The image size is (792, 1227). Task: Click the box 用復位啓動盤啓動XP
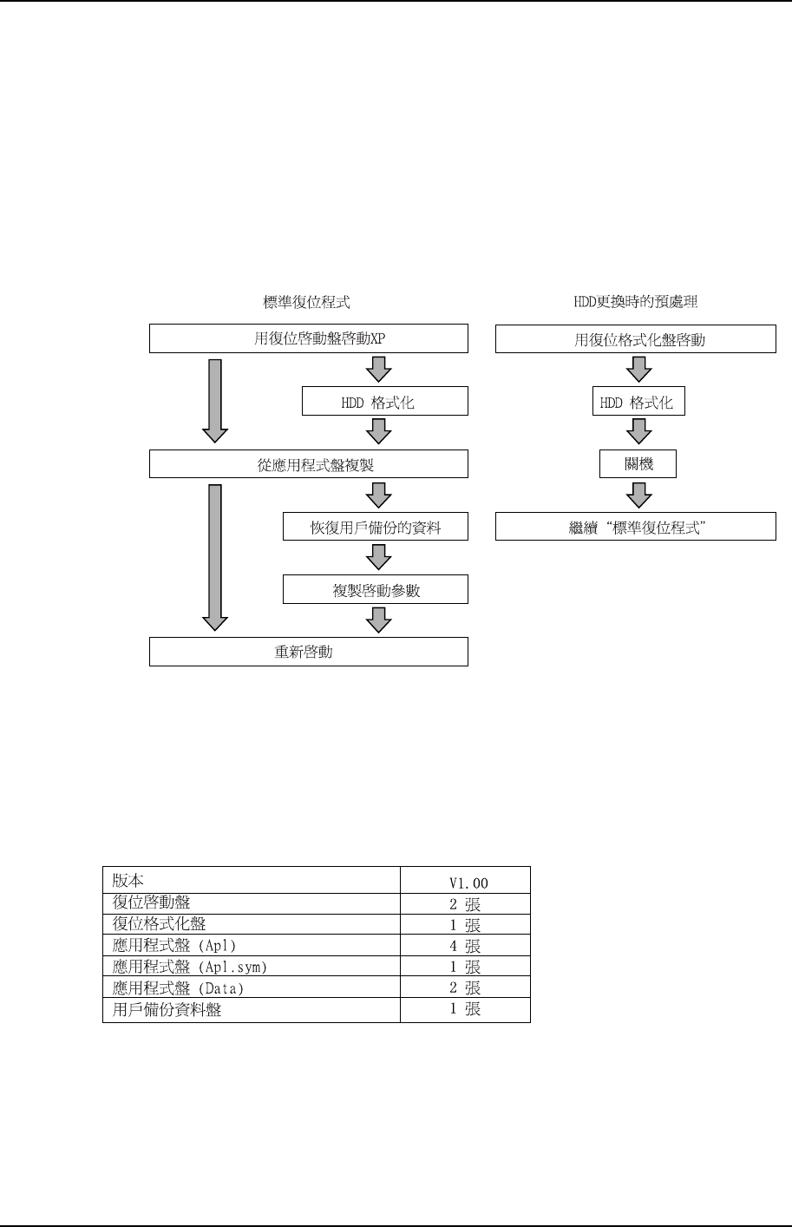pyautogui.click(x=309, y=338)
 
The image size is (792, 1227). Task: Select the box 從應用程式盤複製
pyautogui.click(x=309, y=464)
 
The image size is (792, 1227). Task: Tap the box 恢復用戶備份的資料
pyautogui.click(x=376, y=527)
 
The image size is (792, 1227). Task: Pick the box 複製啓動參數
pyautogui.click(x=376, y=589)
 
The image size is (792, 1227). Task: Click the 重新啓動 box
pyautogui.click(x=309, y=652)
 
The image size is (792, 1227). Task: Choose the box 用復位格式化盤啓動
pyautogui.click(x=635, y=339)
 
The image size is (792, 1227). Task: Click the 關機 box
pyautogui.click(x=638, y=464)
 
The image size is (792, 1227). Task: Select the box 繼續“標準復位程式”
pyautogui.click(x=635, y=527)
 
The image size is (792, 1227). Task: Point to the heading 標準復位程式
pyautogui.click(x=307, y=302)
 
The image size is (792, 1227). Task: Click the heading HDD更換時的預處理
pyautogui.click(x=636, y=302)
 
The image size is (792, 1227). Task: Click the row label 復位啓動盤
pyautogui.click(x=151, y=903)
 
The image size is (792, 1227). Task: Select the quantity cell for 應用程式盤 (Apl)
pyautogui.click(x=465, y=946)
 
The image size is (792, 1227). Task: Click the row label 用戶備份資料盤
pyautogui.click(x=167, y=1009)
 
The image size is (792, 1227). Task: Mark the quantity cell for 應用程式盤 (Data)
pyautogui.click(x=465, y=988)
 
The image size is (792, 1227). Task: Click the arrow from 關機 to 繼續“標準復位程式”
pyautogui.click(x=639, y=495)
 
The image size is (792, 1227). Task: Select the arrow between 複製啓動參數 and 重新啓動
pyautogui.click(x=379, y=620)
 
